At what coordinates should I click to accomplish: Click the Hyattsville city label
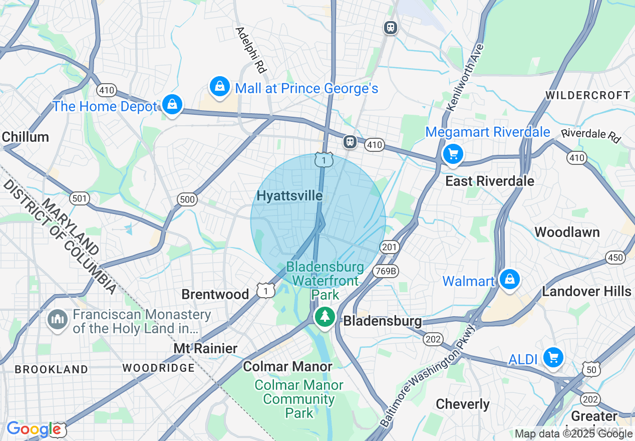[289, 196]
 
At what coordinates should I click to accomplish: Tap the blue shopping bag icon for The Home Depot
[172, 105]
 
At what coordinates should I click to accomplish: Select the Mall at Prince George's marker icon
[219, 87]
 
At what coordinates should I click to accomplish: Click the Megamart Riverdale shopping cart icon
[453, 154]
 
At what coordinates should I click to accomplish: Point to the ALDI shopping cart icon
[553, 358]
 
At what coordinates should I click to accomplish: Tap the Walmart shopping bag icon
[509, 279]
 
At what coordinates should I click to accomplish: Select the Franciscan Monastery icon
[57, 320]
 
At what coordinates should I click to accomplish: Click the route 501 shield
[79, 198]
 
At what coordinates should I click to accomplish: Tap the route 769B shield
[385, 271]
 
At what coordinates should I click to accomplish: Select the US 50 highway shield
[592, 369]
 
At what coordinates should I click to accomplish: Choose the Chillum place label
[26, 137]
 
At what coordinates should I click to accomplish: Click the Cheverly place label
[463, 404]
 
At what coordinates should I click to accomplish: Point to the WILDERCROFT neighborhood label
[587, 95]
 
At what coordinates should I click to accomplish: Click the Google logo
[34, 429]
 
